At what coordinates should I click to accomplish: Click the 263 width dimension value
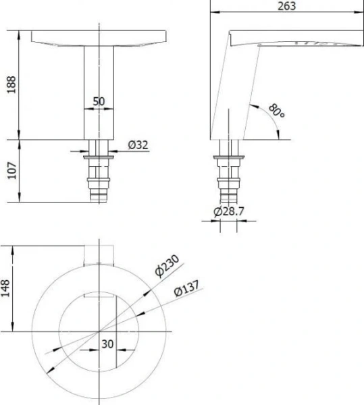click(286, 6)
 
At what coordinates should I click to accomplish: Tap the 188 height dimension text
click(11, 84)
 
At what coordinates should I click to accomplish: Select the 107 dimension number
click(12, 171)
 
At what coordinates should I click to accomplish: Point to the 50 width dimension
click(99, 101)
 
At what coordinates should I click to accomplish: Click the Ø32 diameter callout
click(138, 145)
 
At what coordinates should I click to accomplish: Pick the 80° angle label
click(277, 111)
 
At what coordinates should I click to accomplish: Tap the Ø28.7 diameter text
click(229, 211)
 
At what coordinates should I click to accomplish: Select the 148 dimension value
click(5, 288)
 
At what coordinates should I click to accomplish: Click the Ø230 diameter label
click(167, 265)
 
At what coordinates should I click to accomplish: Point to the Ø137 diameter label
click(186, 288)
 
